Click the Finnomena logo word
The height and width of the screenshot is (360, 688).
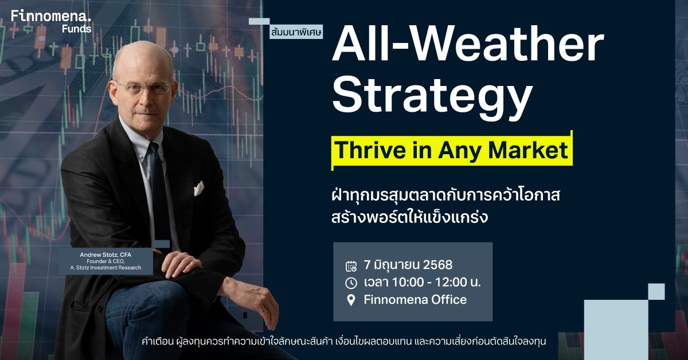[x=51, y=15]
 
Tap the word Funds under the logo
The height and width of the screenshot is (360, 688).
[x=76, y=29]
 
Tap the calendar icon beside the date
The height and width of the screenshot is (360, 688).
[x=351, y=266]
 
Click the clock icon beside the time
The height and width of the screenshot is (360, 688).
[x=351, y=283]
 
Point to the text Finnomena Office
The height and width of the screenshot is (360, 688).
[x=415, y=299]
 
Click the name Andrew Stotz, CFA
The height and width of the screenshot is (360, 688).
[x=105, y=255]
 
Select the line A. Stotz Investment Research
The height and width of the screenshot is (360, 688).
[x=105, y=268]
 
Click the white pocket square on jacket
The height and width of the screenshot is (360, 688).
[x=198, y=188]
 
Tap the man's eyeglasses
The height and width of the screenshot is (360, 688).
[x=145, y=87]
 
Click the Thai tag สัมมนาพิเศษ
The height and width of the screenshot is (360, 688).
[x=296, y=32]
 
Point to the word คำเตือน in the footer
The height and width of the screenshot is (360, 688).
[x=158, y=342]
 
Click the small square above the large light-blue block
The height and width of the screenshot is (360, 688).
[x=656, y=292]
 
